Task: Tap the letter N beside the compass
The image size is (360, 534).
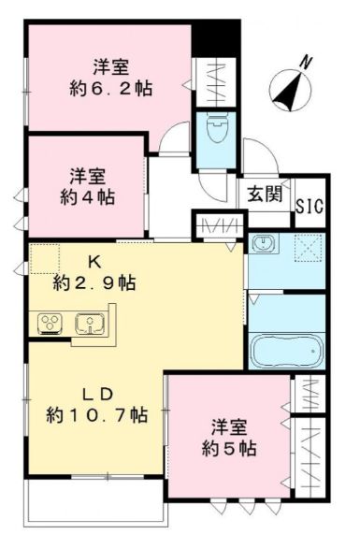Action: click(x=306, y=61)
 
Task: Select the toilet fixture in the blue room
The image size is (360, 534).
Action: click(x=214, y=130)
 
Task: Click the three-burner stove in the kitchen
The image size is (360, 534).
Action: click(x=49, y=324)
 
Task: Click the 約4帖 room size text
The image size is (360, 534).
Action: click(x=85, y=196)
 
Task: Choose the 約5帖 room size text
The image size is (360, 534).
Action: click(x=230, y=448)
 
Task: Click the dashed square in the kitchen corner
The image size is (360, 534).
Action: click(x=45, y=259)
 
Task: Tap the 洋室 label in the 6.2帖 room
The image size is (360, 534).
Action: click(x=110, y=66)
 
